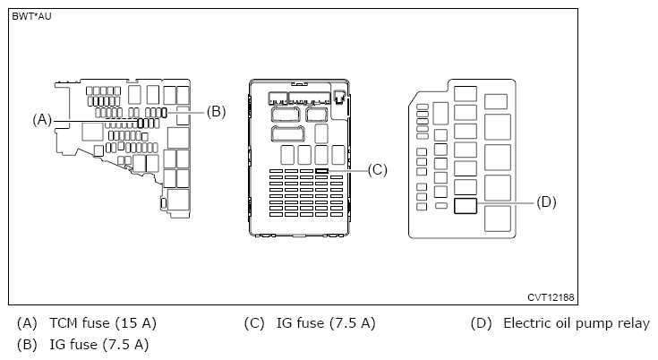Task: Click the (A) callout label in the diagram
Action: pyautogui.click(x=42, y=119)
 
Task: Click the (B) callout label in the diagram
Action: pyautogui.click(x=216, y=112)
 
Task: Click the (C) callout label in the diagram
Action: pyautogui.click(x=377, y=169)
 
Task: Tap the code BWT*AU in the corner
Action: pyautogui.click(x=31, y=16)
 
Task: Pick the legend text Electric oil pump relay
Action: pyautogui.click(x=577, y=323)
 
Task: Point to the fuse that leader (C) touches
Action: pyautogui.click(x=321, y=169)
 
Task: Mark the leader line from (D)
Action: pyautogui.click(x=506, y=203)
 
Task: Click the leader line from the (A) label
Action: pyautogui.click(x=90, y=119)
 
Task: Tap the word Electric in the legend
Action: pyautogui.click(x=528, y=323)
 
